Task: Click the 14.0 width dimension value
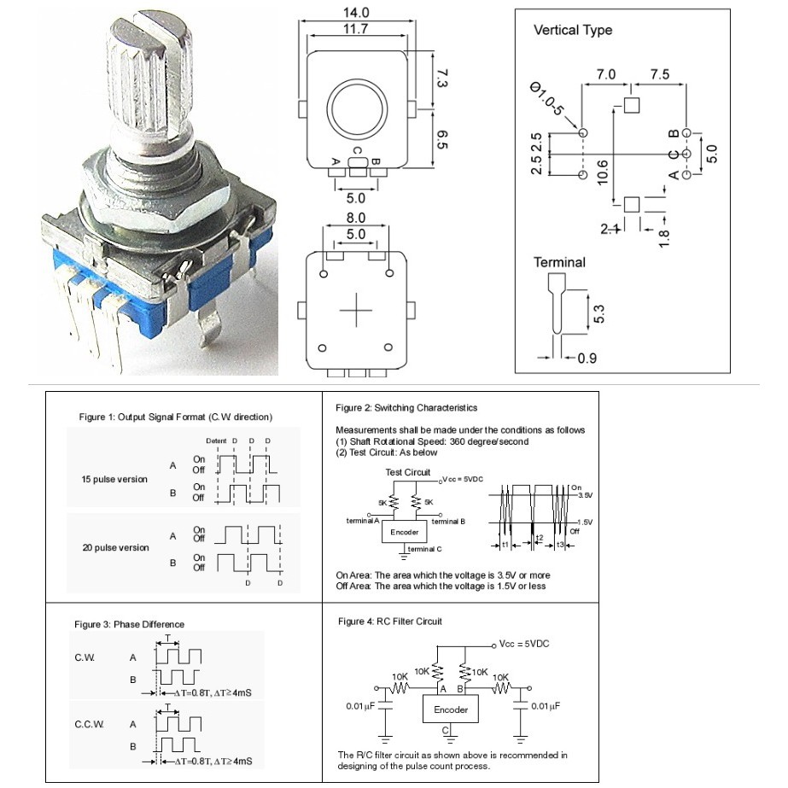pos(356,13)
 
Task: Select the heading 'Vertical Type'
pos(573,30)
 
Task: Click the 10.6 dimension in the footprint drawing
pos(604,171)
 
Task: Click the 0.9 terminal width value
pos(587,359)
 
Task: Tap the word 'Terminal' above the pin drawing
pos(559,262)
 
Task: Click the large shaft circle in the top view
pos(355,112)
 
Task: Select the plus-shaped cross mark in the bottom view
pos(355,312)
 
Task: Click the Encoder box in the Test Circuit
pos(404,532)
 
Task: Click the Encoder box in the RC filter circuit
pos(451,709)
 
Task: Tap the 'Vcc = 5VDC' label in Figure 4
pos(524,644)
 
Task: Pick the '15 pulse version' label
pos(114,479)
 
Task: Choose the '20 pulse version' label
pos(115,547)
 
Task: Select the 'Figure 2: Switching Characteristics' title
pos(406,408)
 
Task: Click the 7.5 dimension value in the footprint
pos(659,74)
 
